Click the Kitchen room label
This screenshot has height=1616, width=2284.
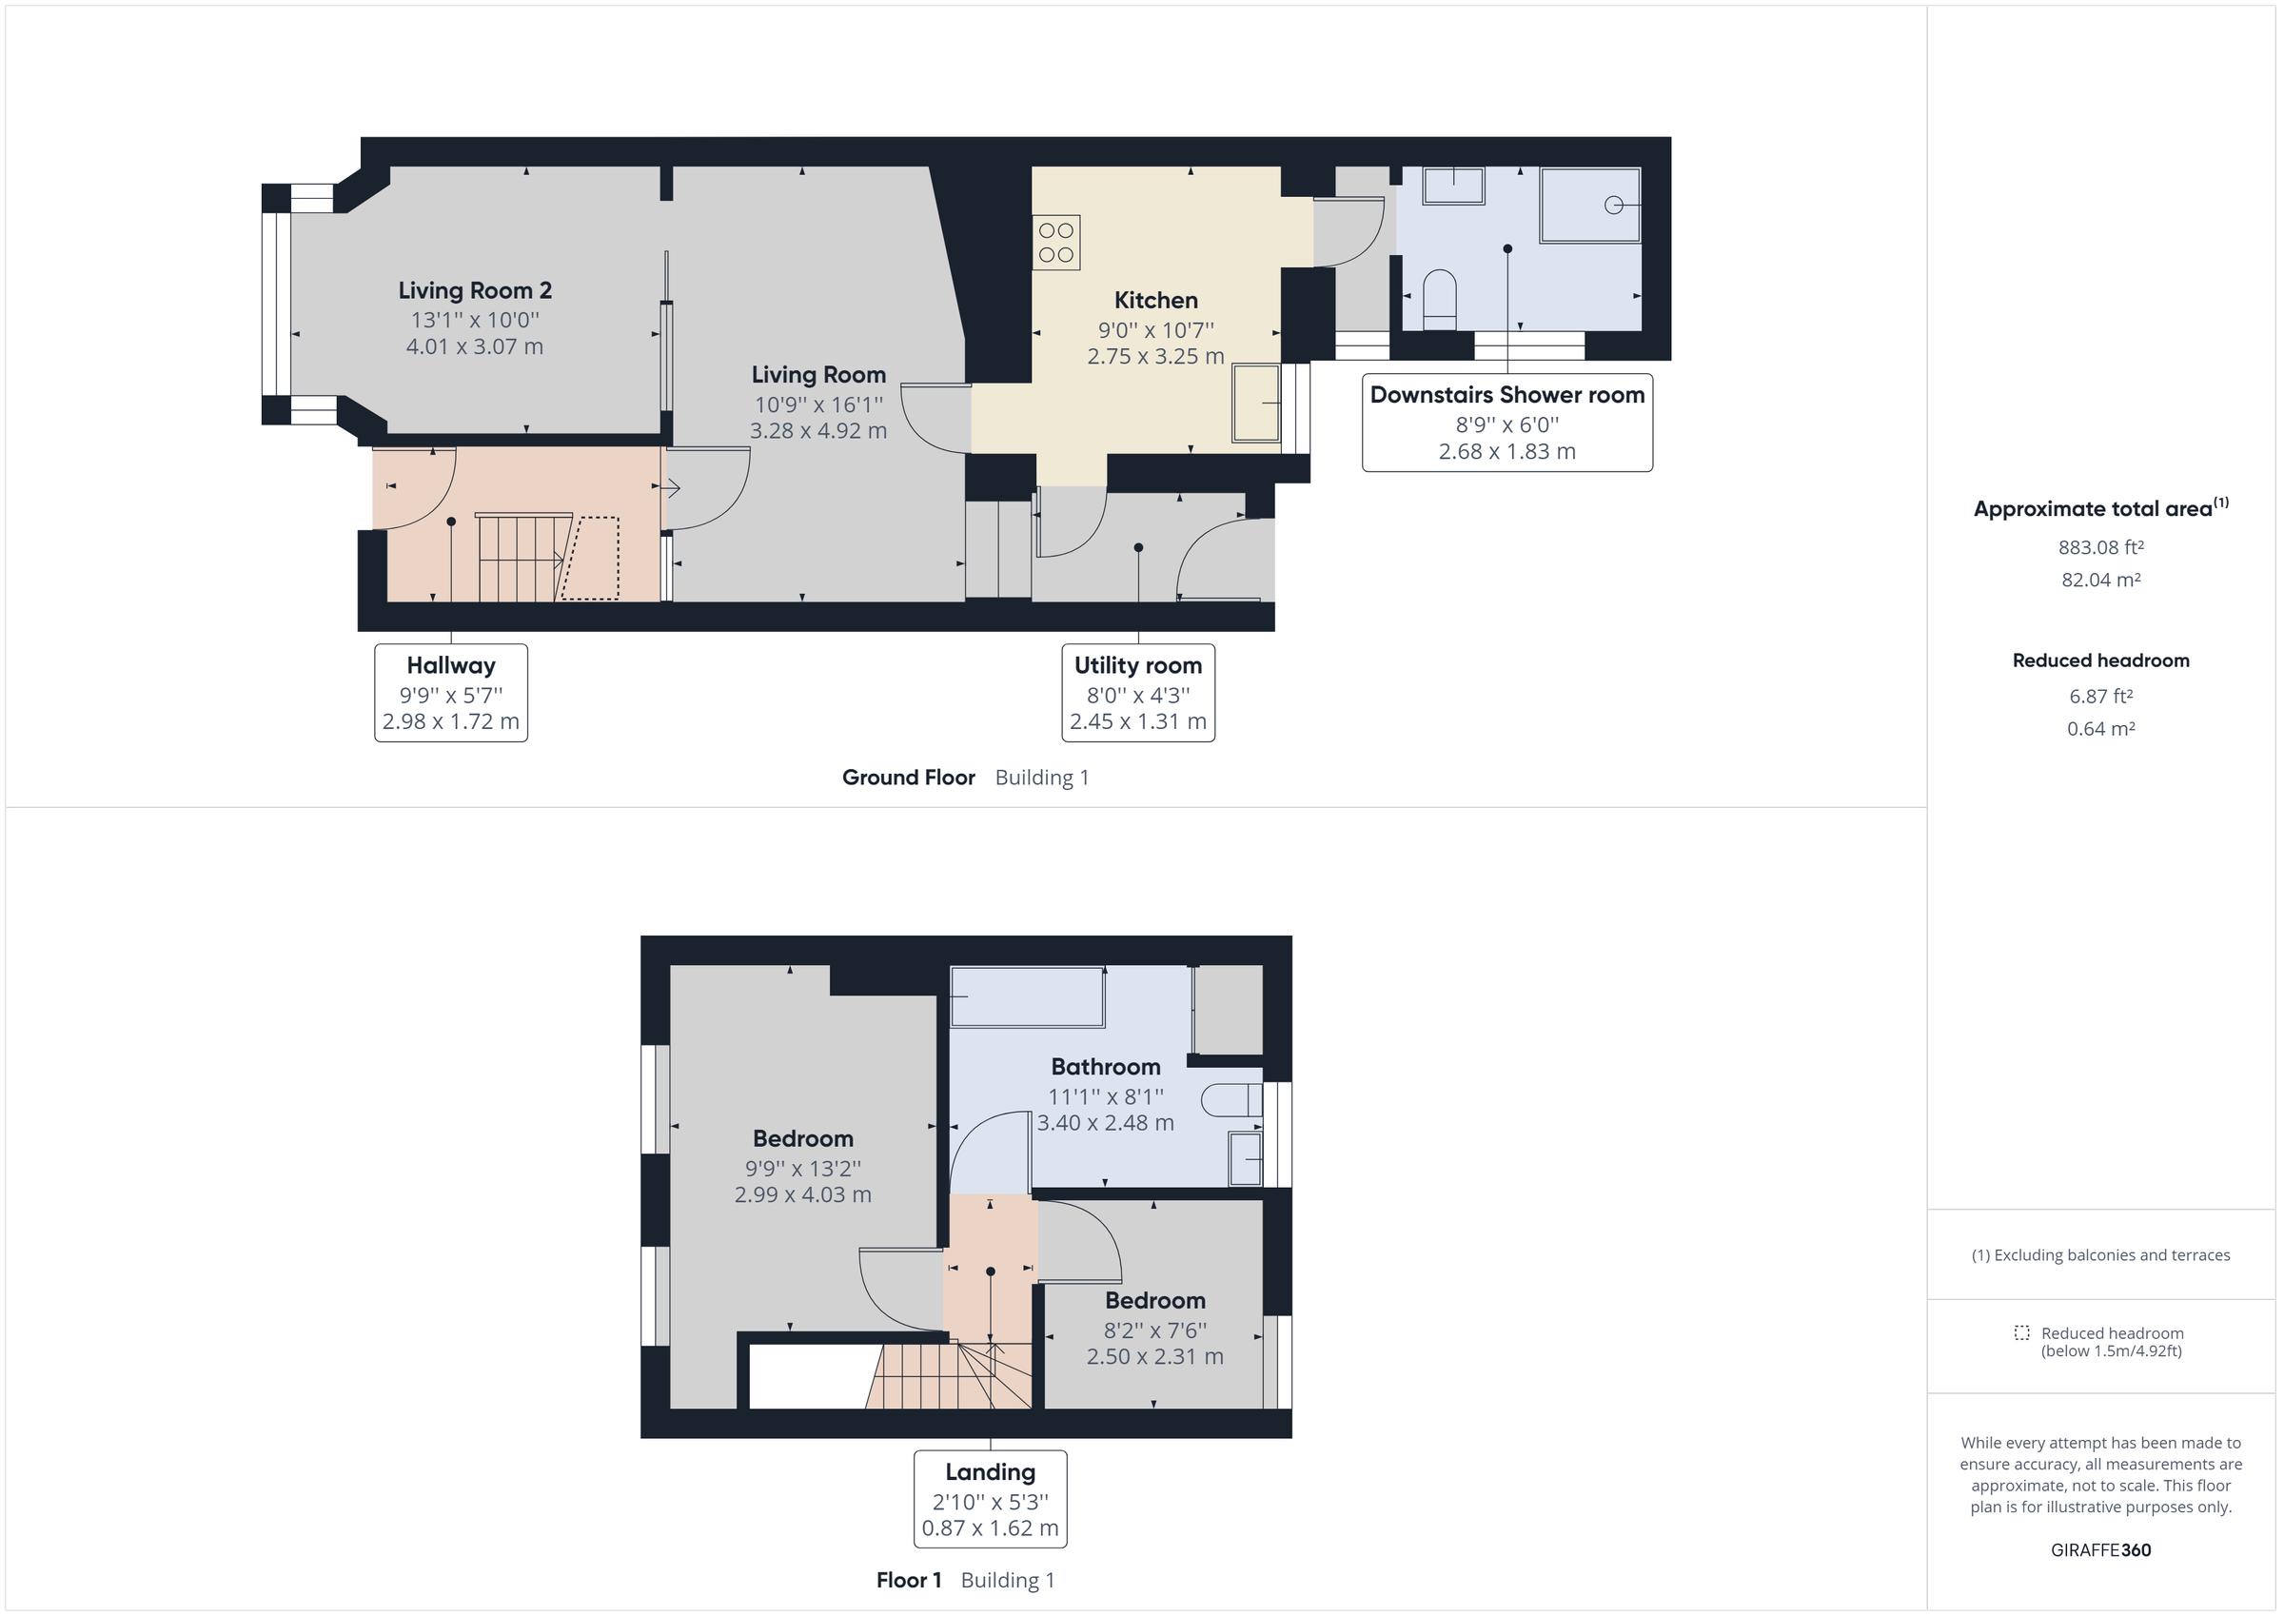(x=1155, y=300)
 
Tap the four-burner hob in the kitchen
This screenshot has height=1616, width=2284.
(x=1056, y=243)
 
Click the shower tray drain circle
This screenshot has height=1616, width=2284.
(x=1612, y=205)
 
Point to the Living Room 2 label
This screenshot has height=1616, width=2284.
(x=475, y=290)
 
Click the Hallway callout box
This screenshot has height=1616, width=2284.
(x=451, y=693)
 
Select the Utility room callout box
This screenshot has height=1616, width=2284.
(x=1137, y=693)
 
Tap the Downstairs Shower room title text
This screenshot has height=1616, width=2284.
(x=1506, y=395)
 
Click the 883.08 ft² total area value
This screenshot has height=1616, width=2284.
(x=2100, y=547)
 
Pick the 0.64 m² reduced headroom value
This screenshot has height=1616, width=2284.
(x=2100, y=728)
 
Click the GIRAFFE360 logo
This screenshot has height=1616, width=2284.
(x=2100, y=1549)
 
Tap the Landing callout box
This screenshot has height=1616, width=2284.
(x=990, y=1499)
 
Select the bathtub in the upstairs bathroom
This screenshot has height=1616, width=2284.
(x=1028, y=996)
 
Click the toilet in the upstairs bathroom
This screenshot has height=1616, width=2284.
(x=1231, y=1099)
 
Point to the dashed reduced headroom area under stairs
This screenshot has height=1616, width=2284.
(x=592, y=559)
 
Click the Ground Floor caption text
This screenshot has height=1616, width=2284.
(x=908, y=778)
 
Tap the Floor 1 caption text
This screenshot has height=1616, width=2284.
(x=908, y=1580)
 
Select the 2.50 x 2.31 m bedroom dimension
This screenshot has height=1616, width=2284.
(x=1154, y=1356)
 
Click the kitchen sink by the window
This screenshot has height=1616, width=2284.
(x=1255, y=403)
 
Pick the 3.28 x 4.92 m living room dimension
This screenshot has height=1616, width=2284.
(x=817, y=431)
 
